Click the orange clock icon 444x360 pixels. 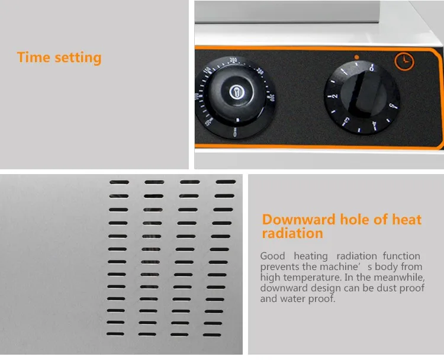[x=404, y=61]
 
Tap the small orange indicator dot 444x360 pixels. [x=357, y=57]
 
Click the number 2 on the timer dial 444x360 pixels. [x=335, y=96]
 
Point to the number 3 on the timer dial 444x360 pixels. [x=346, y=121]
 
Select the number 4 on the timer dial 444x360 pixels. [x=374, y=124]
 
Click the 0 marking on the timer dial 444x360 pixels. [x=372, y=69]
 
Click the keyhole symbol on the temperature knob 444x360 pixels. [x=237, y=92]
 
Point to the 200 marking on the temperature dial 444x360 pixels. [x=233, y=60]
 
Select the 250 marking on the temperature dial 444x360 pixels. [x=260, y=71]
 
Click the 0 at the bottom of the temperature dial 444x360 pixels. [x=235, y=133]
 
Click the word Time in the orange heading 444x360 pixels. [x=34, y=57]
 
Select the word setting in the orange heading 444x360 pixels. [x=78, y=59]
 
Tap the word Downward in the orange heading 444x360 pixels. [x=299, y=220]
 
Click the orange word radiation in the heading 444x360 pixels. [x=292, y=233]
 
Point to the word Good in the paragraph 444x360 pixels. [x=272, y=256]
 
